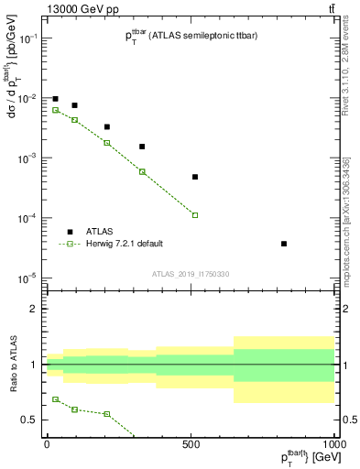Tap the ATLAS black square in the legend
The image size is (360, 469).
(x=70, y=232)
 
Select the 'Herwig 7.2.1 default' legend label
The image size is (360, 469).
(x=124, y=244)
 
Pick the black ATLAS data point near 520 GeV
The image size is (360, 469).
(x=195, y=177)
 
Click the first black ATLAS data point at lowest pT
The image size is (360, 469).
(x=55, y=99)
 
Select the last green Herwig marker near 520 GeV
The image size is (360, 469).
(x=195, y=215)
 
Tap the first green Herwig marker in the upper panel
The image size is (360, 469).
(x=55, y=110)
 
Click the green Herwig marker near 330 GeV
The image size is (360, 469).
(x=142, y=171)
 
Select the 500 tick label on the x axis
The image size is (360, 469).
(x=191, y=442)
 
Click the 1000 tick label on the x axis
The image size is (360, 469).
(x=333, y=442)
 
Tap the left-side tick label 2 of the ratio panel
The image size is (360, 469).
(x=33, y=309)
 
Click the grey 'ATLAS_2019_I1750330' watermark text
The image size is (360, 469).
(x=190, y=274)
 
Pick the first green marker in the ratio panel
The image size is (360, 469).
(x=55, y=399)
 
